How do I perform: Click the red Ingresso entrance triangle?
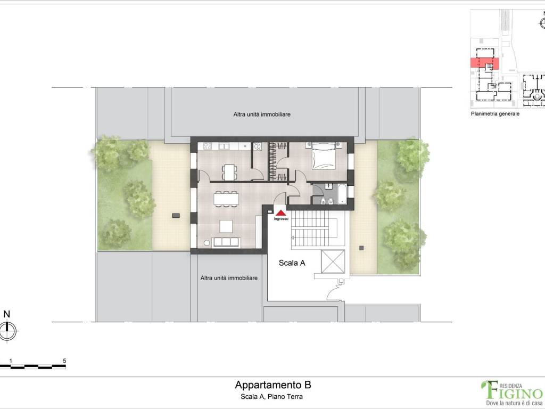click(281, 212)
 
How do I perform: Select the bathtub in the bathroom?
click(342, 194)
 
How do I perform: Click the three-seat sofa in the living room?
click(226, 242)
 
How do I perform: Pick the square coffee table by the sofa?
click(226, 226)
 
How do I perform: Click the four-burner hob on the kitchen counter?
click(208, 146)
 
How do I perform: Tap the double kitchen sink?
click(224, 146)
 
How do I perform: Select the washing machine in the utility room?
click(257, 147)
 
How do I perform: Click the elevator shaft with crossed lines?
click(333, 261)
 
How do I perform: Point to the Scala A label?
click(292, 263)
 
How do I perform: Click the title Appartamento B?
click(273, 385)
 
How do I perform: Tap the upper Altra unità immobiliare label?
click(262, 114)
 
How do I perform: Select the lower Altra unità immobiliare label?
click(229, 278)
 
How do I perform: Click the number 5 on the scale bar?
click(64, 361)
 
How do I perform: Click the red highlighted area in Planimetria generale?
click(485, 63)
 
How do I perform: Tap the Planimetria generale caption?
click(496, 114)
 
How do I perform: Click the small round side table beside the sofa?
click(207, 243)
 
